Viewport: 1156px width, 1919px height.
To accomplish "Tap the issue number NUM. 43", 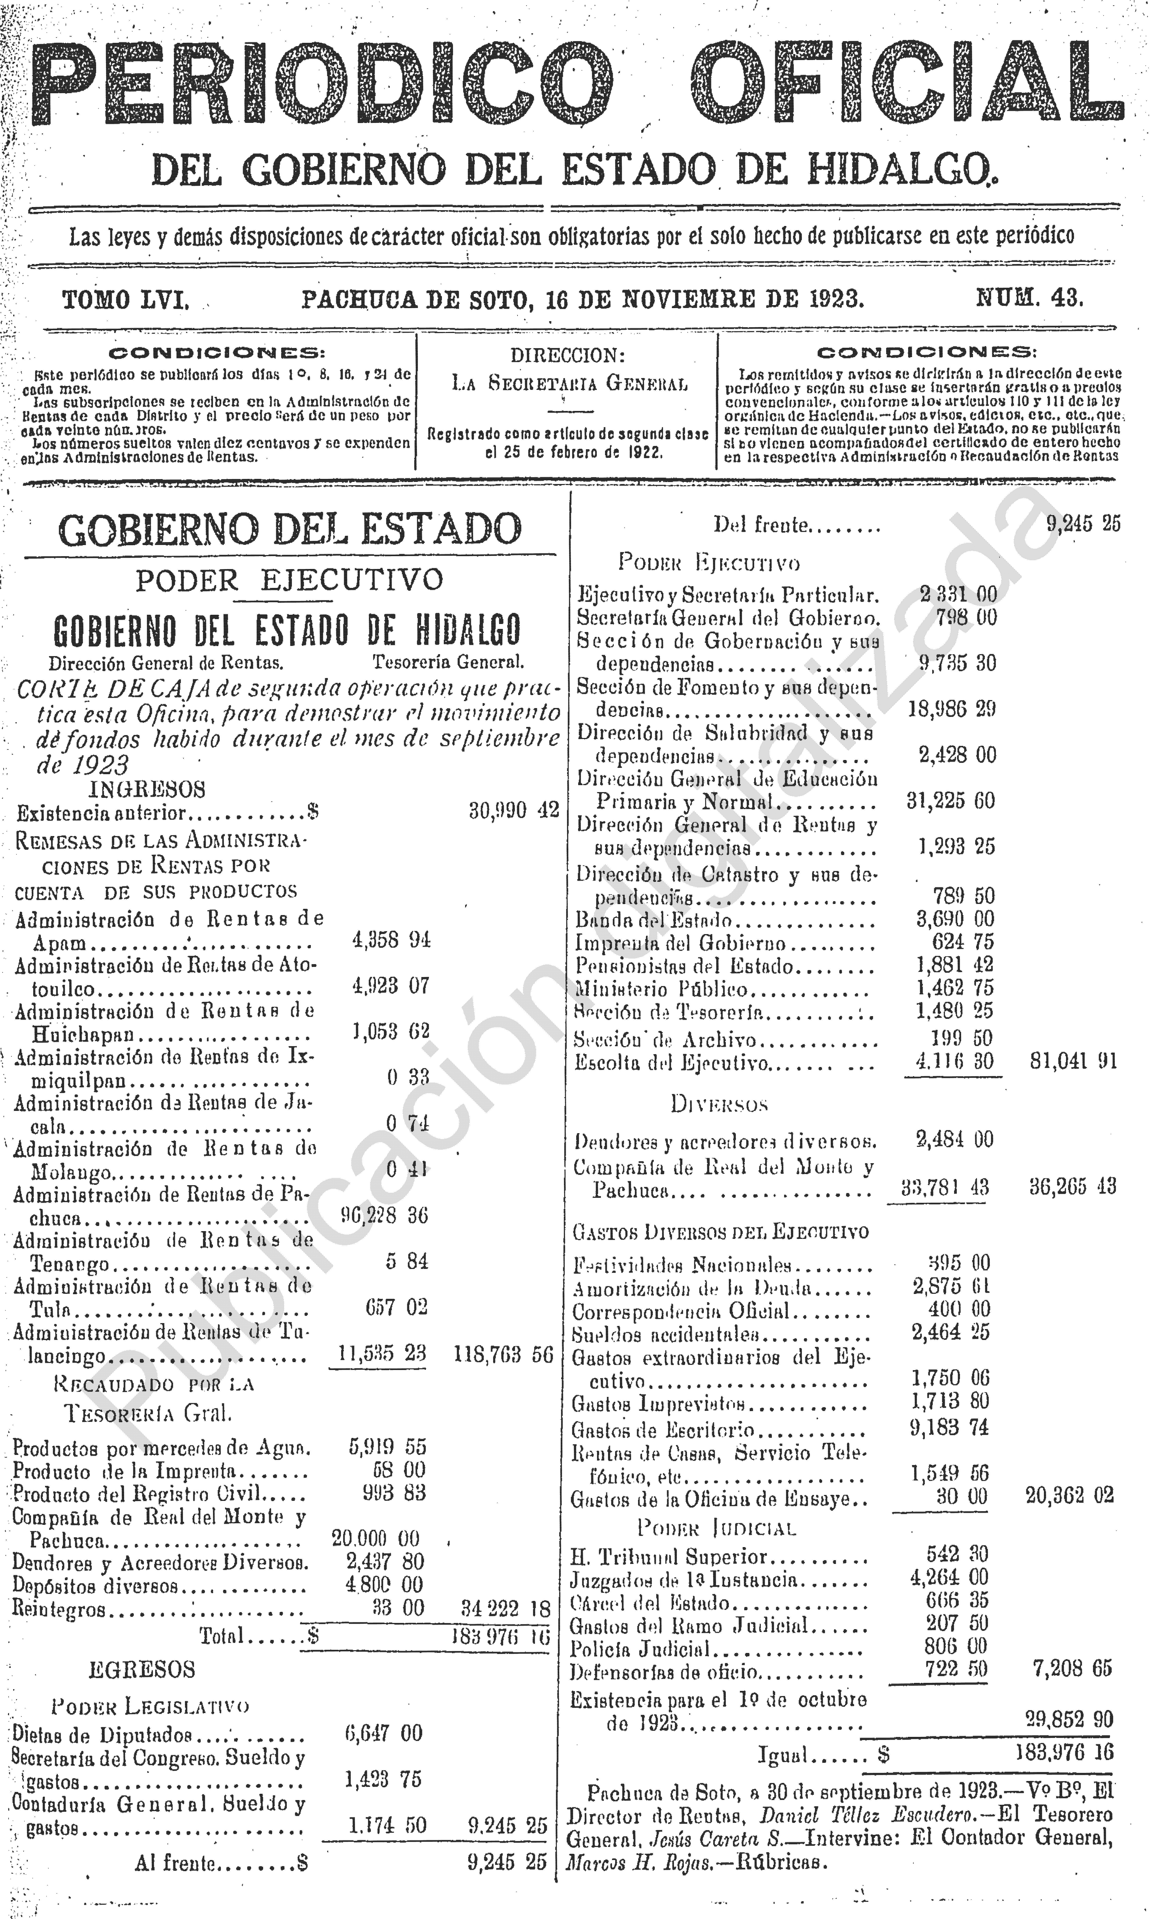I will click(1029, 298).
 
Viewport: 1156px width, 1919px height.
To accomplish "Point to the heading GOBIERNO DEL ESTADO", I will click(290, 530).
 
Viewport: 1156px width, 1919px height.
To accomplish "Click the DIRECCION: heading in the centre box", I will click(568, 356).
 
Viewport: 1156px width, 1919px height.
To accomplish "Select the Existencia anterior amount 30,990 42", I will click(514, 811).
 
